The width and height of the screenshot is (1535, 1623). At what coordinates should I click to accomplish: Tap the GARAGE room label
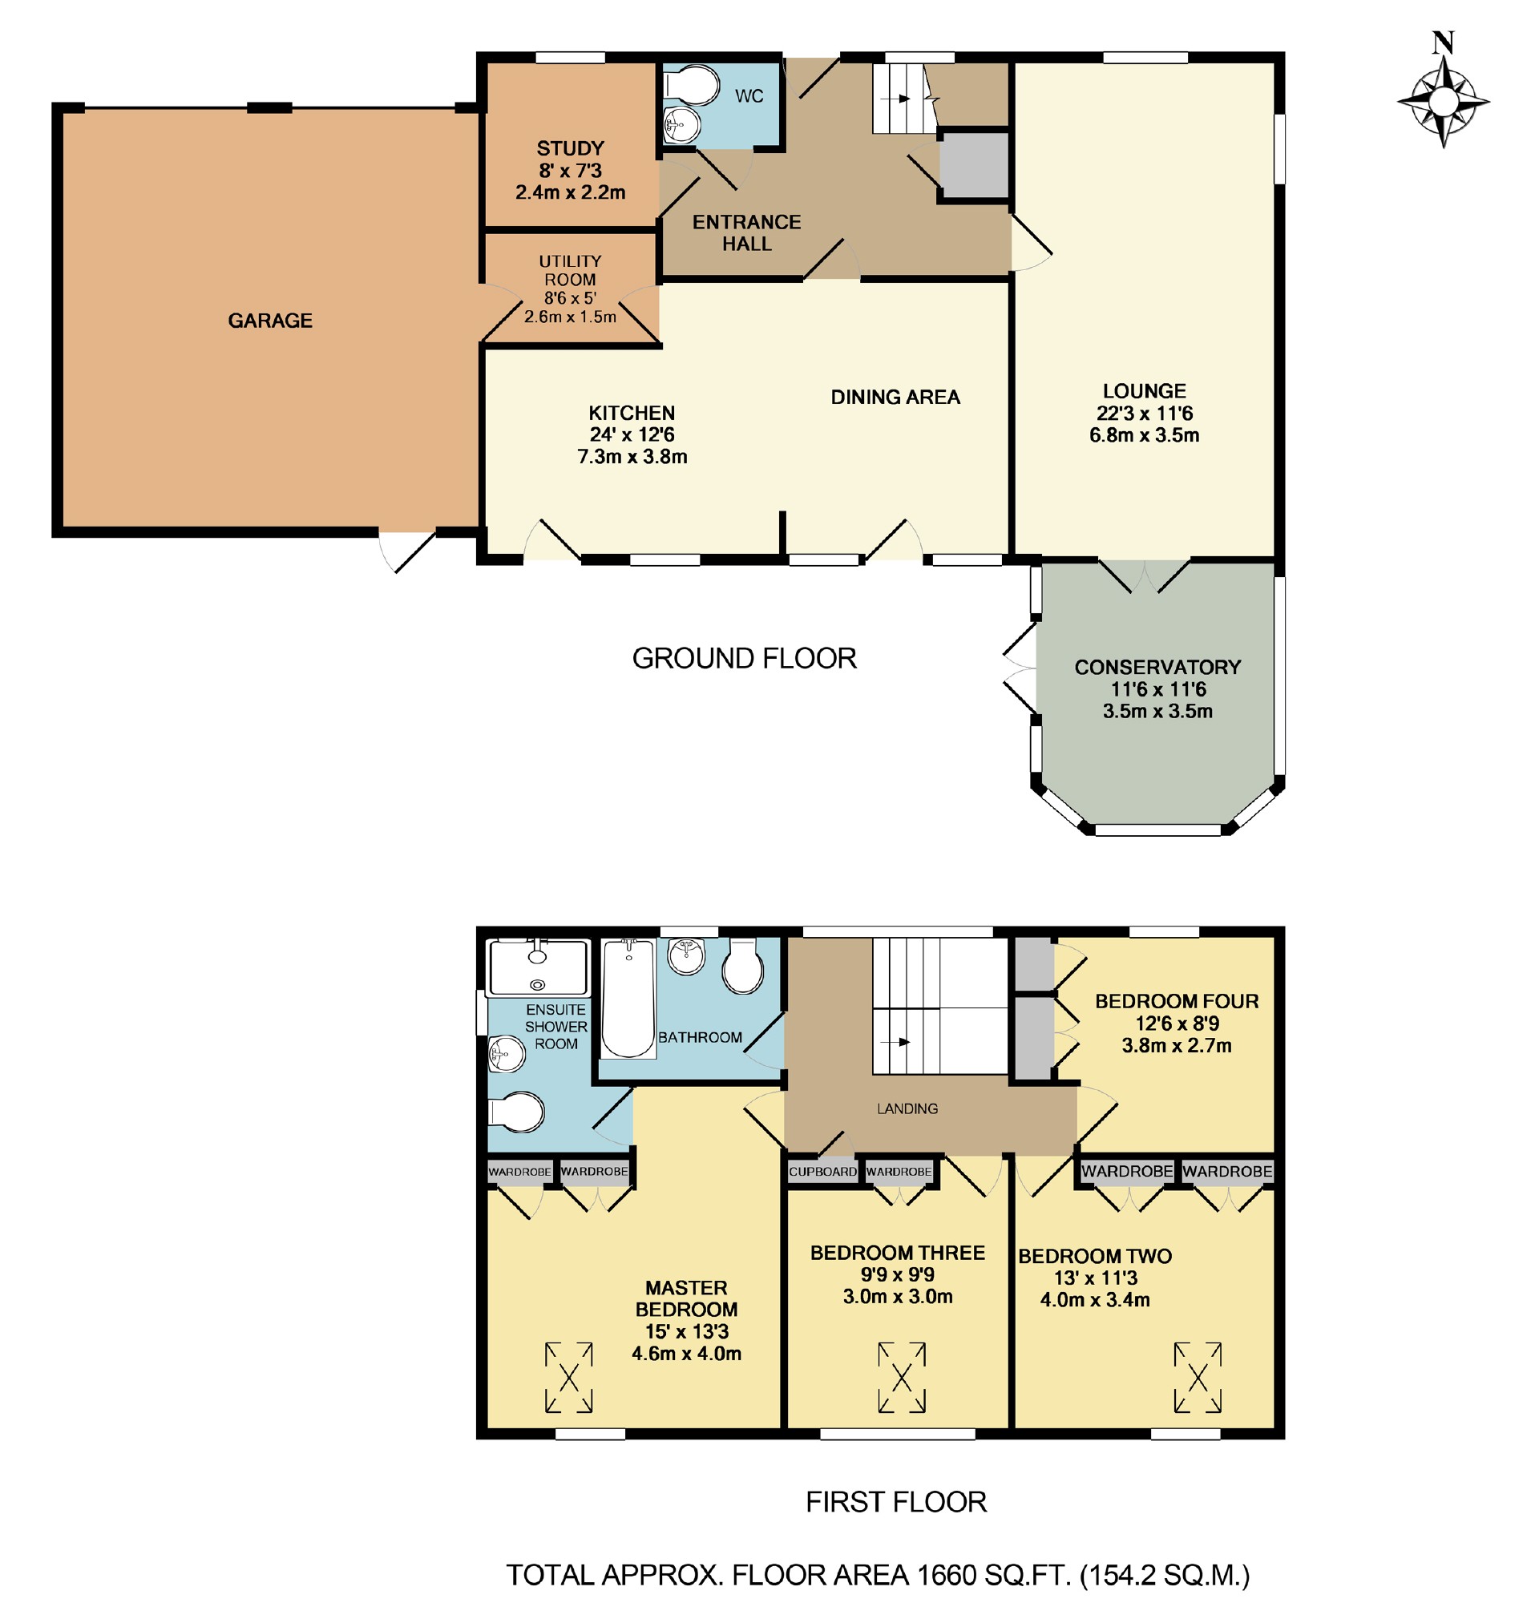tap(270, 321)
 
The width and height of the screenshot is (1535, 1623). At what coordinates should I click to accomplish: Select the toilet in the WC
tap(692, 85)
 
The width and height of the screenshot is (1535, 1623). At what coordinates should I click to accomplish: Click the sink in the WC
tap(681, 125)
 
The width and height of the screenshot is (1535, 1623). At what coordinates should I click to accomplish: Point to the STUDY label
tap(570, 149)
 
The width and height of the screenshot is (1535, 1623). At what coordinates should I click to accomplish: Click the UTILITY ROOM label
tap(570, 271)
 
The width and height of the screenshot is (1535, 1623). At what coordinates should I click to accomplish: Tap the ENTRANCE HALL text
tap(747, 233)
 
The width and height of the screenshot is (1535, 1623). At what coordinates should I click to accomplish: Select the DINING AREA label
tap(895, 398)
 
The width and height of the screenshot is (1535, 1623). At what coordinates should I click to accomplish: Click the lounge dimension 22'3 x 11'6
tap(1145, 413)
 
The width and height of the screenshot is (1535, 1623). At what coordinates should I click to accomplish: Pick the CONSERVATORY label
tap(1157, 668)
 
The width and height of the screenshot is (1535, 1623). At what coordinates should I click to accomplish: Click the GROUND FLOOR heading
tap(745, 659)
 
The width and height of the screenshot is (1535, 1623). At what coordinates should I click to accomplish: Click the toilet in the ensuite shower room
tap(516, 1112)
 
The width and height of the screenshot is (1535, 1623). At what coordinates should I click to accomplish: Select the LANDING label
tap(907, 1109)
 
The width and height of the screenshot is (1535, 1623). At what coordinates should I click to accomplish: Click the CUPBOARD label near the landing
tap(823, 1173)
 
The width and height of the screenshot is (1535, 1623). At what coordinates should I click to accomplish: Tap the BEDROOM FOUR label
tap(1177, 1001)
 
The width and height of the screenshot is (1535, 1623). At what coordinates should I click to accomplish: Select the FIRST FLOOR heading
tap(897, 1502)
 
